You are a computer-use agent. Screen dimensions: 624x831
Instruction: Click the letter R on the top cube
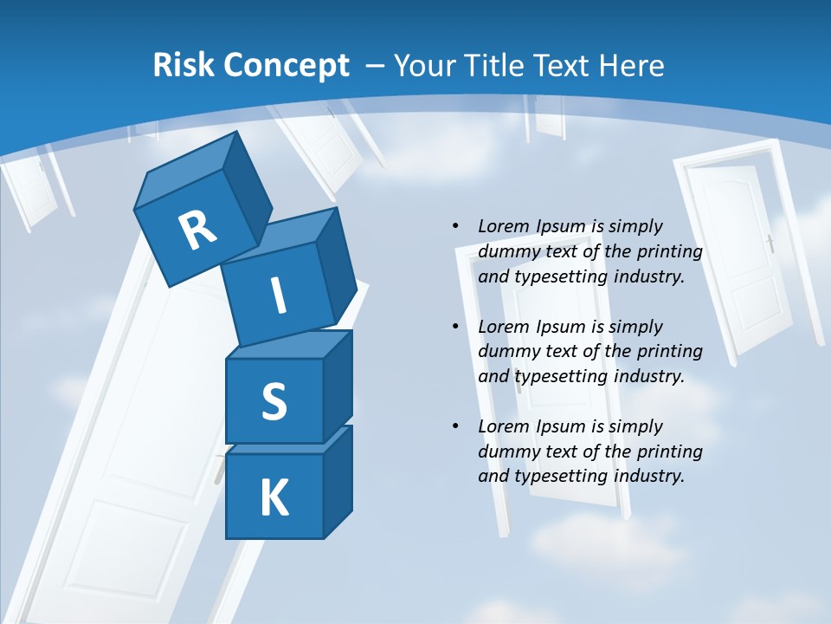pyautogui.click(x=198, y=230)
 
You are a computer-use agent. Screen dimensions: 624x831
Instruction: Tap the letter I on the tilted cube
pyautogui.click(x=278, y=296)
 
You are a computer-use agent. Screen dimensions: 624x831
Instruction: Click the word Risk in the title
pyautogui.click(x=183, y=66)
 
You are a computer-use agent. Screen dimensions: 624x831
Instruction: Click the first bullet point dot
pyautogui.click(x=455, y=226)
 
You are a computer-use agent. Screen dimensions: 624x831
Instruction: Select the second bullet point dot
pyautogui.click(x=455, y=327)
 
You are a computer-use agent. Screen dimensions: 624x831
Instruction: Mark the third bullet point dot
pyautogui.click(x=455, y=426)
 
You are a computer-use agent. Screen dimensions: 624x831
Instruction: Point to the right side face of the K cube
pyautogui.click(x=337, y=481)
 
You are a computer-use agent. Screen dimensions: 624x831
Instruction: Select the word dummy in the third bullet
pyautogui.click(x=507, y=452)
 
